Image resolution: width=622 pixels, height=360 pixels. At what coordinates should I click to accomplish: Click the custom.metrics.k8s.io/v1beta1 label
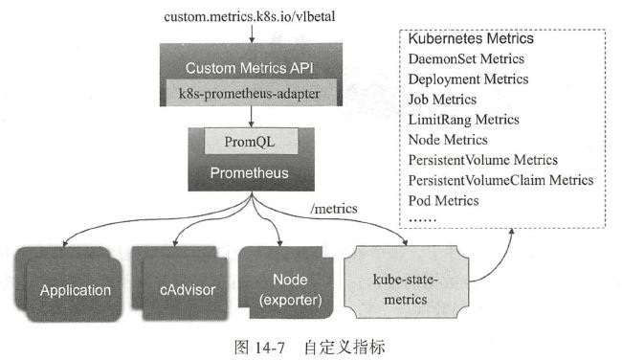(x=249, y=16)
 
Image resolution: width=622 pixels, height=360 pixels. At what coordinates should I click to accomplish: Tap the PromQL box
(x=251, y=142)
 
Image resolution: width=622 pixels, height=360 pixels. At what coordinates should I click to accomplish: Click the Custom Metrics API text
(x=249, y=68)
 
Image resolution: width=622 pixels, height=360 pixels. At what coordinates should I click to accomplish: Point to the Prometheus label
(x=249, y=172)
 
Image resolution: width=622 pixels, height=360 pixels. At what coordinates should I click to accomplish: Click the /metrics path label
(x=334, y=209)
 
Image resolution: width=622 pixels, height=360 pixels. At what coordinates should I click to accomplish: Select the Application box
(x=69, y=284)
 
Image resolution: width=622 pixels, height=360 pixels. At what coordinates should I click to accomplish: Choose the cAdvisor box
(x=180, y=283)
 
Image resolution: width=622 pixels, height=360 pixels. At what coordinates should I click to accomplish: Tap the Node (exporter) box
(x=285, y=282)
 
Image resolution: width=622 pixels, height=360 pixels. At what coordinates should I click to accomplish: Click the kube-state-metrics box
(x=406, y=281)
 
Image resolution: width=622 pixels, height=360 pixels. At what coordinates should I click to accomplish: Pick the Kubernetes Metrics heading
(x=471, y=38)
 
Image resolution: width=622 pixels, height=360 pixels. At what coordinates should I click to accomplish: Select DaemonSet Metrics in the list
(x=466, y=58)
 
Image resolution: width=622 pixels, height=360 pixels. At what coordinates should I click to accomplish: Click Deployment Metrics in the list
(x=468, y=79)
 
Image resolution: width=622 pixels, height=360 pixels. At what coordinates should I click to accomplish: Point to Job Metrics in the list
(x=442, y=100)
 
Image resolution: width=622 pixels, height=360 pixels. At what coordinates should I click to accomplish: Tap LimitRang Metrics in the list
(x=464, y=120)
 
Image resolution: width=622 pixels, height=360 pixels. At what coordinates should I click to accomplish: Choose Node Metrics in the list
(x=448, y=140)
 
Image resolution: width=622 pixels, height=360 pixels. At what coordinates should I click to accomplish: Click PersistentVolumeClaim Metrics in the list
(x=501, y=180)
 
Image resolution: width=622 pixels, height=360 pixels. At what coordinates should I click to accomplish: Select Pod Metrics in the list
(x=443, y=200)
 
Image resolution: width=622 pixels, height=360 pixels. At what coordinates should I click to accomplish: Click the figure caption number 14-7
(x=269, y=348)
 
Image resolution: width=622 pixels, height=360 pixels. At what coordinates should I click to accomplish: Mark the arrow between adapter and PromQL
(x=251, y=117)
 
